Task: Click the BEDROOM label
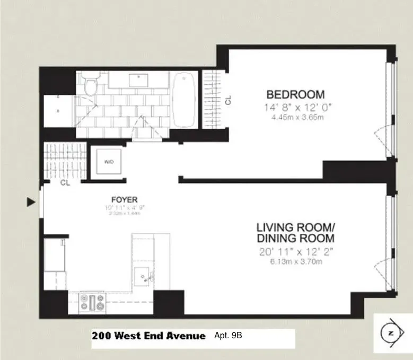pos(295,95)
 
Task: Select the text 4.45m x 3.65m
pos(295,117)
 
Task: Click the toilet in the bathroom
pos(89,85)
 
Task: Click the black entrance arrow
pos(31,201)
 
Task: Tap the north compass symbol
pos(391,333)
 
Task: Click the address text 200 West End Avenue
pos(148,336)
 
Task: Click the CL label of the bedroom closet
pos(228,100)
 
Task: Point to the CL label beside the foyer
pos(65,183)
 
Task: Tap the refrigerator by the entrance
pos(55,256)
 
